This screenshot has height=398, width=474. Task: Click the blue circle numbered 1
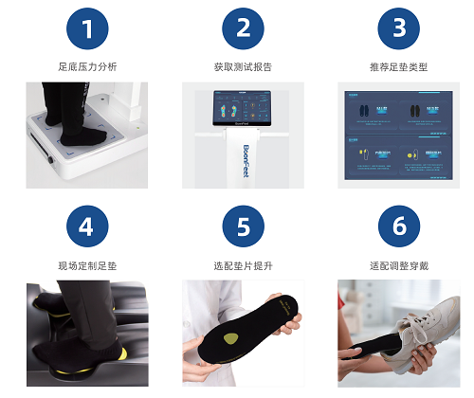87,29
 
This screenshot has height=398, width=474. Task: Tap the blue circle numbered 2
243,29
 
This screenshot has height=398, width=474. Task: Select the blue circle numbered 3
398,29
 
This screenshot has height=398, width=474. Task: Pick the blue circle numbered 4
87,227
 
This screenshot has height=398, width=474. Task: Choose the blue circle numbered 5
243,227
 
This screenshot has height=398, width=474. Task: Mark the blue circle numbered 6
398,227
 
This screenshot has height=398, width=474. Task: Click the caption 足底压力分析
87,67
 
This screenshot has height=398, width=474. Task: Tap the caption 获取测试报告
243,67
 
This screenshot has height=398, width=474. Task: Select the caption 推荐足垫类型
398,67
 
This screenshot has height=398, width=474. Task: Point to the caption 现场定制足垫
87,265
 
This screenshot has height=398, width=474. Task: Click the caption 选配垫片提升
243,265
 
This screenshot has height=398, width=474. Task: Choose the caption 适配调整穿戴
398,265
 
